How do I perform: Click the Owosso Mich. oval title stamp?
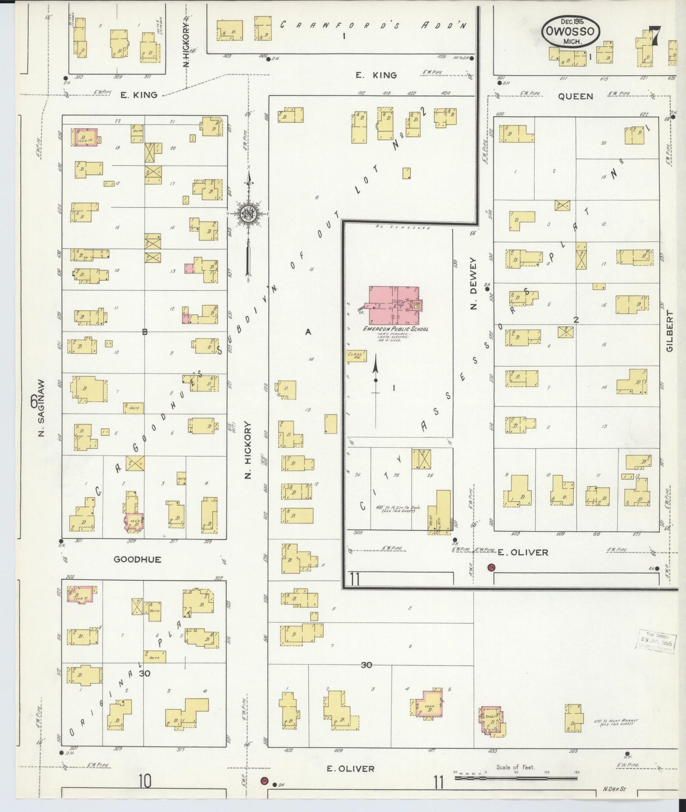(x=570, y=31)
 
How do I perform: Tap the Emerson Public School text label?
(x=395, y=329)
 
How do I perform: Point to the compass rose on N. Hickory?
(x=248, y=214)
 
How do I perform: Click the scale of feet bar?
(x=515, y=778)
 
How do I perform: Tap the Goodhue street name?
(x=137, y=559)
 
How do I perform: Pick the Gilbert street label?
(x=670, y=331)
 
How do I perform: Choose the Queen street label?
(x=575, y=96)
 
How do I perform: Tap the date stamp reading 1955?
(x=656, y=642)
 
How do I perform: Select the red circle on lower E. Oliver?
(x=264, y=781)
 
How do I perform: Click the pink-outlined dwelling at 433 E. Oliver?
(x=491, y=719)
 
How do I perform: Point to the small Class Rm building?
(x=357, y=355)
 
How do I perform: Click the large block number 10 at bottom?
(x=145, y=780)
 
